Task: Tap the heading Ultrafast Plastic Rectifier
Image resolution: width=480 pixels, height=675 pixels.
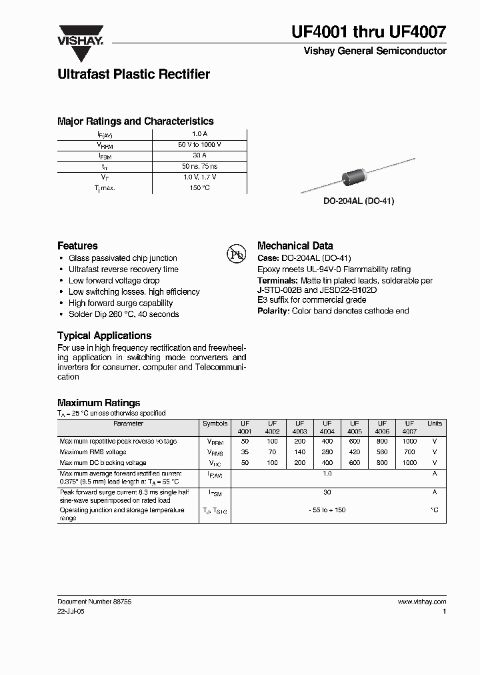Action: pos(133,74)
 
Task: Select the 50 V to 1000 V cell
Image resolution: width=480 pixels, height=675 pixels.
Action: pos(199,145)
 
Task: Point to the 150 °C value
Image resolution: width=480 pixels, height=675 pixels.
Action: pos(199,188)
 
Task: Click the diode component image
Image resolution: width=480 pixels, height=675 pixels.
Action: pos(353,177)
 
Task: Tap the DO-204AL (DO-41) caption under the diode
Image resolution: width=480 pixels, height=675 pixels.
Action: pos(359,201)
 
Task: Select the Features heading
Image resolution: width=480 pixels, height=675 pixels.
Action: pos(77,245)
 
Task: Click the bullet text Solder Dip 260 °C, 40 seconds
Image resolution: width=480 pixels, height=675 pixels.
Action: pos(123,314)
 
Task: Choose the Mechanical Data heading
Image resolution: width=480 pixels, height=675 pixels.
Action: pos(295,245)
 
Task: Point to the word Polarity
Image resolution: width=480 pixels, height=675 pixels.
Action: pos(273,311)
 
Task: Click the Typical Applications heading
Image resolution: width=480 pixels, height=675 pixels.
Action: pos(104,335)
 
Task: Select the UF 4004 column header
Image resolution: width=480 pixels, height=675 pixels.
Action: pos(327,428)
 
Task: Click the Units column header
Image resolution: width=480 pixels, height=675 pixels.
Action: pos(434,424)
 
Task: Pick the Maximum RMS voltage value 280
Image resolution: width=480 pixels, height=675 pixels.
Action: pos(327,452)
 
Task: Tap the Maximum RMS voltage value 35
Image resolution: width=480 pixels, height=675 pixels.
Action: pos(245,452)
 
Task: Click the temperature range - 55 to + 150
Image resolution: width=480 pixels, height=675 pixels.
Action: pos(327,510)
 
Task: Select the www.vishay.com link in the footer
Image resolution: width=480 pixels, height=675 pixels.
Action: pos(421,601)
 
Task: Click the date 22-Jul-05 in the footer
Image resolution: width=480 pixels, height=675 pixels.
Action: pos(71,610)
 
